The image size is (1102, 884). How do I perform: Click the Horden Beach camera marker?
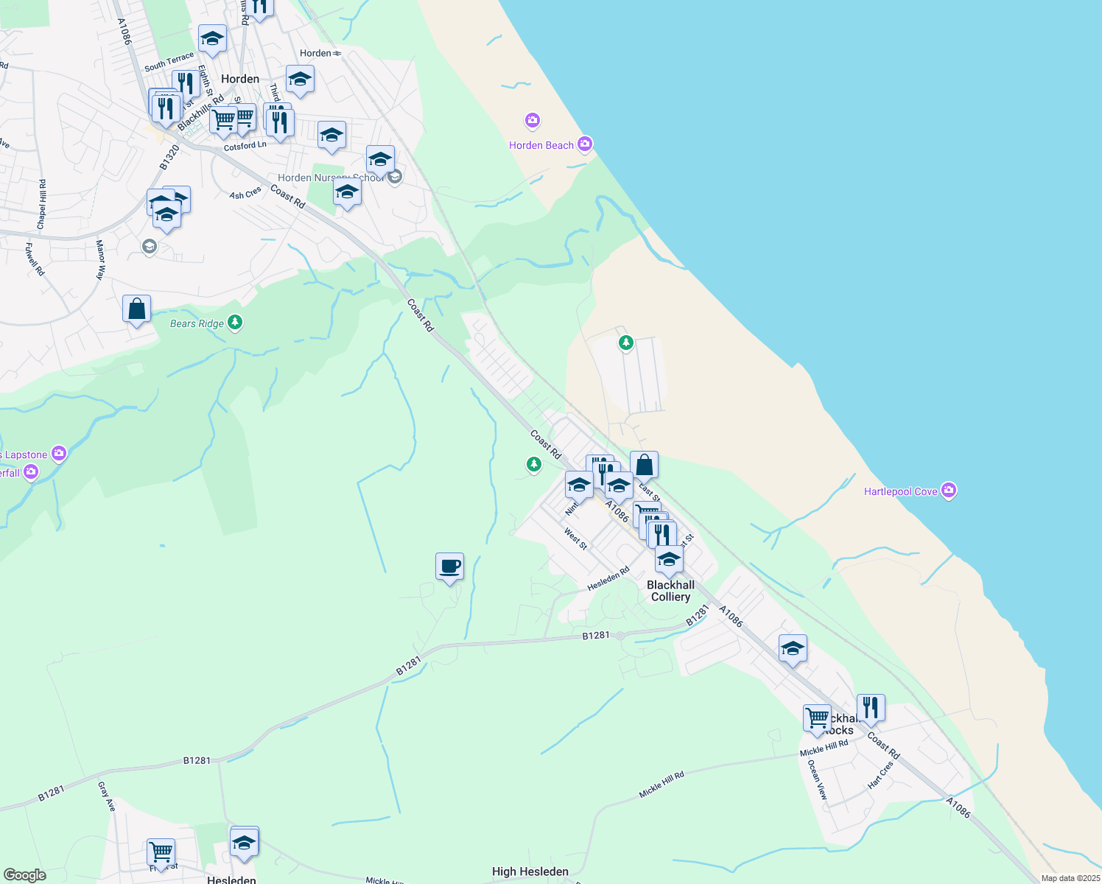[585, 144]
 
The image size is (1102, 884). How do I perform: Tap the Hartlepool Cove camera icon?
[949, 491]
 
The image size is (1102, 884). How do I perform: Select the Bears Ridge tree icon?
[235, 322]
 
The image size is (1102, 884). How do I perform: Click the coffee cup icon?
[449, 567]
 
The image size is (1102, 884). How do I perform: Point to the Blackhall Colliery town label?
[670, 591]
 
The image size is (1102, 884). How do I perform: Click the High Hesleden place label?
[530, 871]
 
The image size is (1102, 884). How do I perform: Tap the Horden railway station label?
[316, 53]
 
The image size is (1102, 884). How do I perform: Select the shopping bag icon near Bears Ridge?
[137, 309]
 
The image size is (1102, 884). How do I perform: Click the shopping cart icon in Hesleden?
[161, 852]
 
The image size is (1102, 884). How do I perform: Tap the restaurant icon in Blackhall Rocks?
[871, 709]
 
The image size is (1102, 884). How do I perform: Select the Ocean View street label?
[818, 780]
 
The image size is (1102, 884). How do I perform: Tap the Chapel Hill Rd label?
[42, 204]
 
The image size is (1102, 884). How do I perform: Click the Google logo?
[25, 875]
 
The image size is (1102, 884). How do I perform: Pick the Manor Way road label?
[100, 259]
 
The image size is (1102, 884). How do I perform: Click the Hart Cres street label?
[880, 775]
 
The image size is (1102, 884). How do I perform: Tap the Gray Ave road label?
[106, 796]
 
